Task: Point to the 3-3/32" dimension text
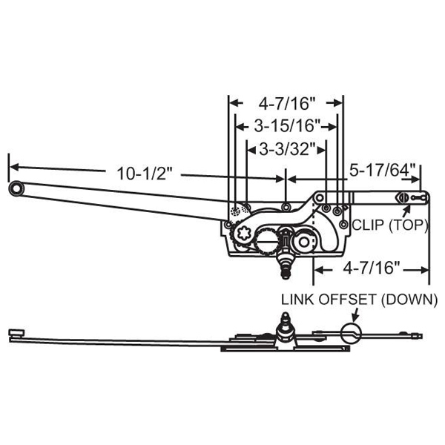pyautogui.click(x=286, y=149)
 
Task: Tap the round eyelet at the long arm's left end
pyautogui.click(x=16, y=189)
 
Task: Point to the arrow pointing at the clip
pyautogui.click(x=405, y=211)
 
